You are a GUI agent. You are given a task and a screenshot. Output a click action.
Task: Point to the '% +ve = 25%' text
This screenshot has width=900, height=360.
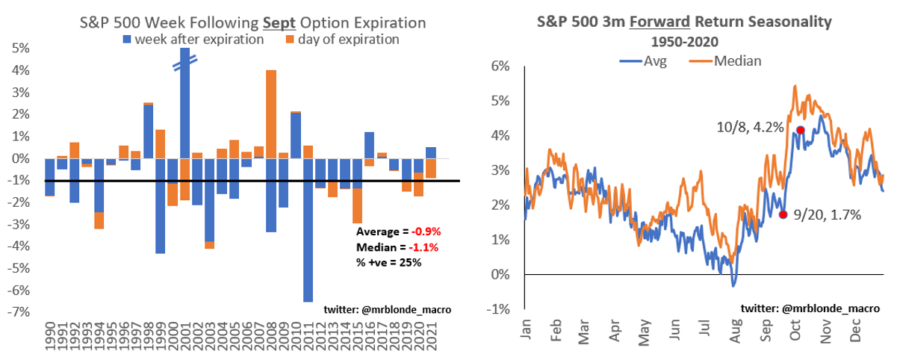tap(388, 262)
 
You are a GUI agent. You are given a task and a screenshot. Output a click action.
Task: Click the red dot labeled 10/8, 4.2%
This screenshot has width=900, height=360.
tap(801, 130)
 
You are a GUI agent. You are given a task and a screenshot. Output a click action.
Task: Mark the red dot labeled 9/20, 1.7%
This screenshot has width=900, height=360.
tap(783, 214)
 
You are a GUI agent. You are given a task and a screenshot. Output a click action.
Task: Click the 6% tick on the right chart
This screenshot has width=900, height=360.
tap(500, 66)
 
